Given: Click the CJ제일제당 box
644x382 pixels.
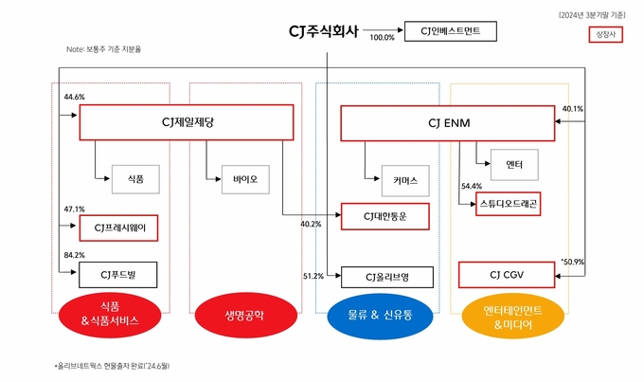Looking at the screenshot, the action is (187, 122).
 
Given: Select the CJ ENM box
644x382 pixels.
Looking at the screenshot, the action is (448, 123).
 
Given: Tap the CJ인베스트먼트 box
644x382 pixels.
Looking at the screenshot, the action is (451, 31).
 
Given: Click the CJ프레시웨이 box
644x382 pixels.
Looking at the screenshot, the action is (118, 227).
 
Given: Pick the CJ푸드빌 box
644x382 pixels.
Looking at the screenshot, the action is (117, 275).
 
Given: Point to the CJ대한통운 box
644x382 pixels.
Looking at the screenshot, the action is (385, 216).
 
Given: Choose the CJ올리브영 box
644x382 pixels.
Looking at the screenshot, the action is (387, 277).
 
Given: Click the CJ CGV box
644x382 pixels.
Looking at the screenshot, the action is (507, 275).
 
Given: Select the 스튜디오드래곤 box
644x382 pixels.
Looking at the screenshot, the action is (508, 204).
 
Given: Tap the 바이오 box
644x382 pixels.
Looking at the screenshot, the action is (245, 179).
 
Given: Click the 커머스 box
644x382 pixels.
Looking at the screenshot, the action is (405, 181).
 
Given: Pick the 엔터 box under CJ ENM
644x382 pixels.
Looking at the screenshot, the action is (514, 165).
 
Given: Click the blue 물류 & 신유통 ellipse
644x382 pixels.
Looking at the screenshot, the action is (380, 316).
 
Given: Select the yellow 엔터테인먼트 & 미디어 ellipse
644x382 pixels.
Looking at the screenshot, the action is (513, 317).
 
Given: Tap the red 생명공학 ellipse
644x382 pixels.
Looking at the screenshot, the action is (245, 316).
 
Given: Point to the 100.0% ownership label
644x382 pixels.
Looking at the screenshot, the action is (382, 37).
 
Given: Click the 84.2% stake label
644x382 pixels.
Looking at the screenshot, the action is (74, 255).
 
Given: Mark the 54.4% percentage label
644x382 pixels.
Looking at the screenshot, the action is (472, 187).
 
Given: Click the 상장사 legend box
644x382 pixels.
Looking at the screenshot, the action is (606, 34).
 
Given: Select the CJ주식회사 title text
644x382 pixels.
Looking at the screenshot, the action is (324, 31).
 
